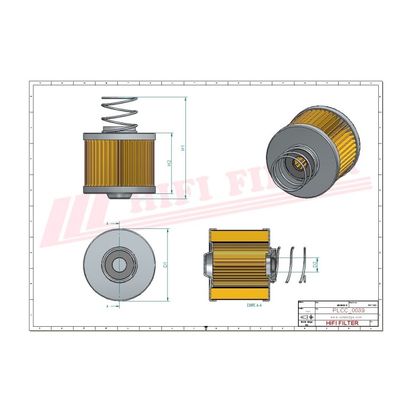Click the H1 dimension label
click(x=183, y=147)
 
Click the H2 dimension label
click(x=169, y=163)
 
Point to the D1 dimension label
click(x=164, y=264)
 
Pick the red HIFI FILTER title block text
click(x=342, y=323)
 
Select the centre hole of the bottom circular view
click(x=119, y=264)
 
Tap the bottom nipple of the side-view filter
click(x=119, y=196)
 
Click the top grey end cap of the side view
click(x=120, y=136)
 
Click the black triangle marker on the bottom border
click(x=205, y=328)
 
